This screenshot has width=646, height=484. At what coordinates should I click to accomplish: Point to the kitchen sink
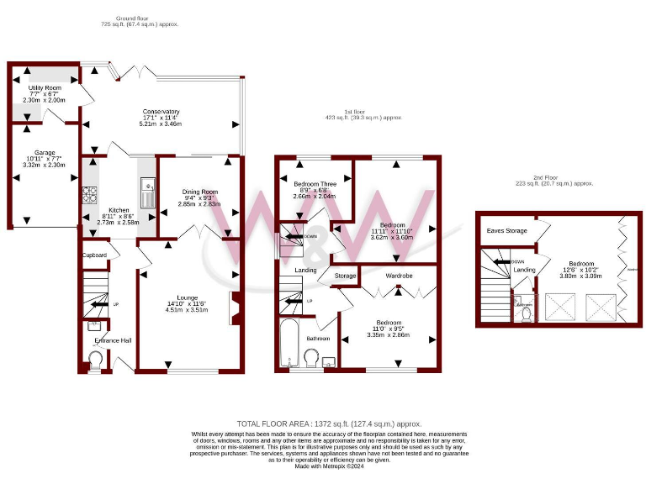(147, 193)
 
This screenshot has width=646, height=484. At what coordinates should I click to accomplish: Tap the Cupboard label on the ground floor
(95, 255)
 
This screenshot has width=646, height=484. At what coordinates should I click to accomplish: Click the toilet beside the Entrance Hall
(94, 360)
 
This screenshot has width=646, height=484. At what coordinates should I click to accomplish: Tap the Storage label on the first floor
(345, 275)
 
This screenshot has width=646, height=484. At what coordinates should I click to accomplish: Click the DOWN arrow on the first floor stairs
(294, 237)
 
